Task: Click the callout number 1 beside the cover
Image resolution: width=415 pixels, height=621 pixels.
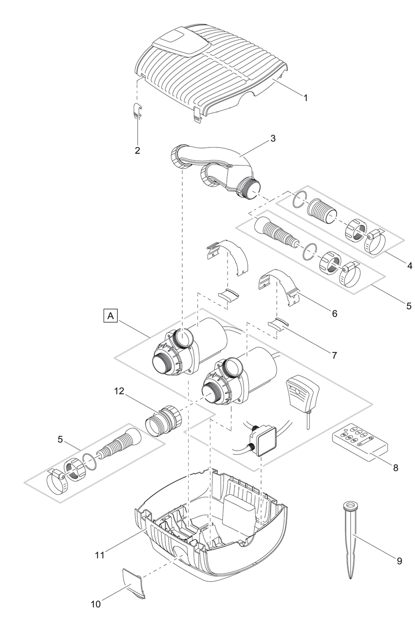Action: point(306,97)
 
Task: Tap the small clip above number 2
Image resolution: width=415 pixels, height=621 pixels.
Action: point(136,111)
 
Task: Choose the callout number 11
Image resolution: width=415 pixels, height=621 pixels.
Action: point(100,555)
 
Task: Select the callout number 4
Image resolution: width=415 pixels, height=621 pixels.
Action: point(409,266)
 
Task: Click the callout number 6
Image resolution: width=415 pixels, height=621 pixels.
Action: point(335,314)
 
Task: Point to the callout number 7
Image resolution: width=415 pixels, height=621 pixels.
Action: point(335,356)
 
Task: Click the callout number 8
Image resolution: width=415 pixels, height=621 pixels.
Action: point(395,468)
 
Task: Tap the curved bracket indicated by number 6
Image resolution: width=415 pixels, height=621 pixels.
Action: point(279,287)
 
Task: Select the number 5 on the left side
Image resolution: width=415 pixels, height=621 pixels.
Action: point(61,440)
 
